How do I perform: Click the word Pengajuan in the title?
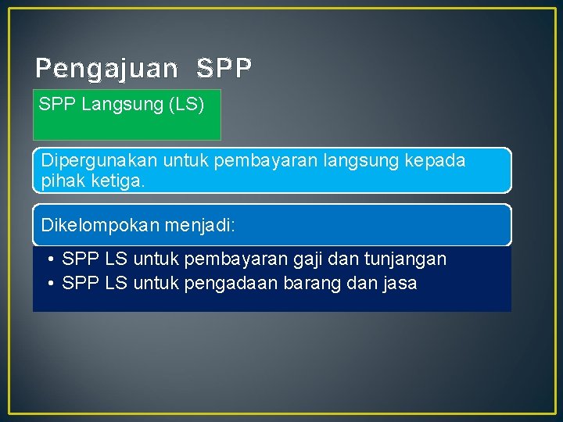pos(106,70)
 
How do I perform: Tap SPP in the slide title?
pos(224,70)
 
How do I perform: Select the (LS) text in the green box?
pos(186,104)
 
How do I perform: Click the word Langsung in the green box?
pos(122,104)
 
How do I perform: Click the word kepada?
pos(435,161)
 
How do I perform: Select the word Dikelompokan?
pos(94,226)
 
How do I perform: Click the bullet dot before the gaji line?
pos(49,259)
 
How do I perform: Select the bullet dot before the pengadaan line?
pos(49,283)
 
